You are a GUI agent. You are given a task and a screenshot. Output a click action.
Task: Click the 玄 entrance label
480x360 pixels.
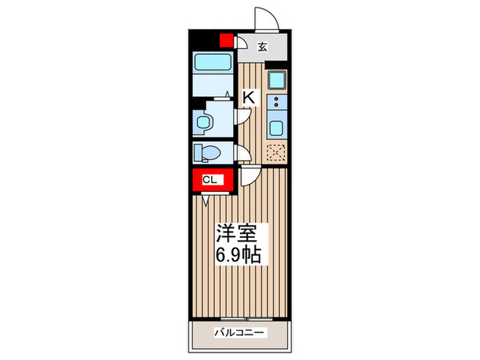tap(262, 47)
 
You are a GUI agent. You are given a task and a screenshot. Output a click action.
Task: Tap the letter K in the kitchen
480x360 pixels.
tap(248, 98)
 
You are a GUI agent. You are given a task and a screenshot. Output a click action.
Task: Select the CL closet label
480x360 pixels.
tap(210, 180)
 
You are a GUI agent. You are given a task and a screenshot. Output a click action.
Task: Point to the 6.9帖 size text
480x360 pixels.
tap(237, 256)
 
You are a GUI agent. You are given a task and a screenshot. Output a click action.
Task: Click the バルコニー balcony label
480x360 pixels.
tap(239, 333)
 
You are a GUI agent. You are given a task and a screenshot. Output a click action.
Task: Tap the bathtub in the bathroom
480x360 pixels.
tap(213, 62)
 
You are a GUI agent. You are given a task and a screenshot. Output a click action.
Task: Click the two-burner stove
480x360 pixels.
tap(277, 103)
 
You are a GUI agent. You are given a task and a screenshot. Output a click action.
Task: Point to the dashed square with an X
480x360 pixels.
tap(276, 152)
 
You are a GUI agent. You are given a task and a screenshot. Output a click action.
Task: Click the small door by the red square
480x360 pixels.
tap(241, 43)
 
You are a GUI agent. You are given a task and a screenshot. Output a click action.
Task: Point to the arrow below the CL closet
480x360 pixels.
tap(206, 202)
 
